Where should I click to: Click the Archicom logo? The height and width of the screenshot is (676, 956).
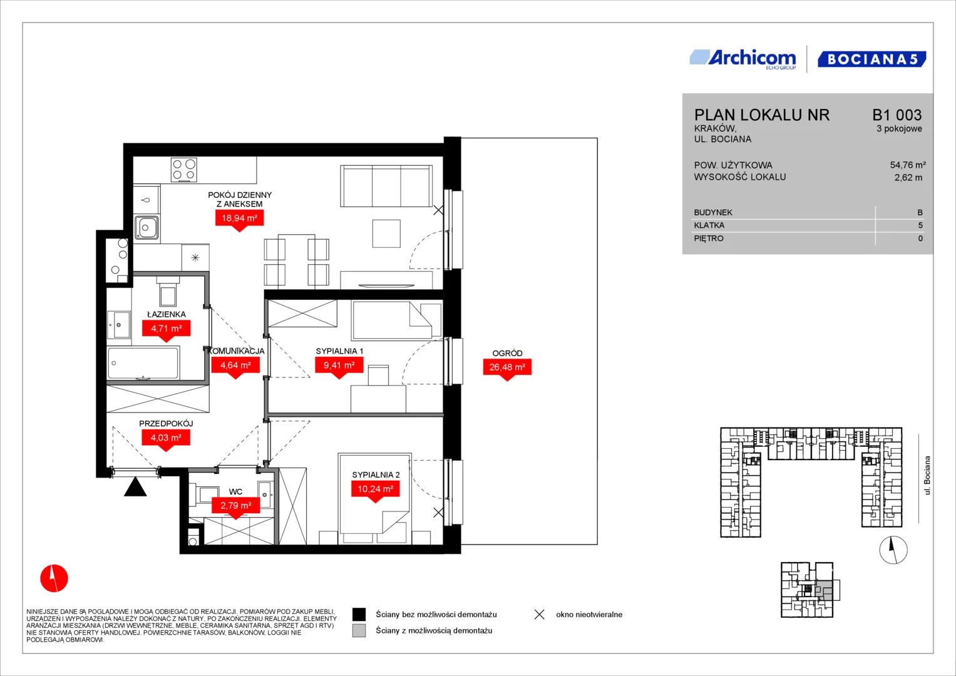743,59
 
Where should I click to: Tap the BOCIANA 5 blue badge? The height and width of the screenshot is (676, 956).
872,59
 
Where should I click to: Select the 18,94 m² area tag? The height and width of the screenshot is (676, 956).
239,219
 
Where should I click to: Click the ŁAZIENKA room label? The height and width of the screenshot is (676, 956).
167,314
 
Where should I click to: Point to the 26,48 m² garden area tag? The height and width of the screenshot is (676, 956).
507,368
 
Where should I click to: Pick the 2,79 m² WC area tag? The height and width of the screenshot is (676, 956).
235,506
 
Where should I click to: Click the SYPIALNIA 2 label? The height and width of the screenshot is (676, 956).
376,474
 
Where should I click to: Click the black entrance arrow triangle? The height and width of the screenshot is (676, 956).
135,488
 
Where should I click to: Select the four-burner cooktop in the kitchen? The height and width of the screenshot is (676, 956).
184,170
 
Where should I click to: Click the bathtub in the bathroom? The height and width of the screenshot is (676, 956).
143,363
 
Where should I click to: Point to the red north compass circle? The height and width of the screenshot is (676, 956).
54,578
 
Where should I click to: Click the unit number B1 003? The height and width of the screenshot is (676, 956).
897,115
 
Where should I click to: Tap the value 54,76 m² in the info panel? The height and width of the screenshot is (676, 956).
908,165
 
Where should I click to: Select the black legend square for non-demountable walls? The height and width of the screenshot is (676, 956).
359,614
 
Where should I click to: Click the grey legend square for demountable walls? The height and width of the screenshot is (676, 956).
359,630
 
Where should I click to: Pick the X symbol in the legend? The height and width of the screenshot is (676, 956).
540,615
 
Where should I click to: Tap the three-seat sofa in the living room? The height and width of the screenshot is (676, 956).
386,186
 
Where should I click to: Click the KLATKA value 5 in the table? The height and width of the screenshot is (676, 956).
920,225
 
